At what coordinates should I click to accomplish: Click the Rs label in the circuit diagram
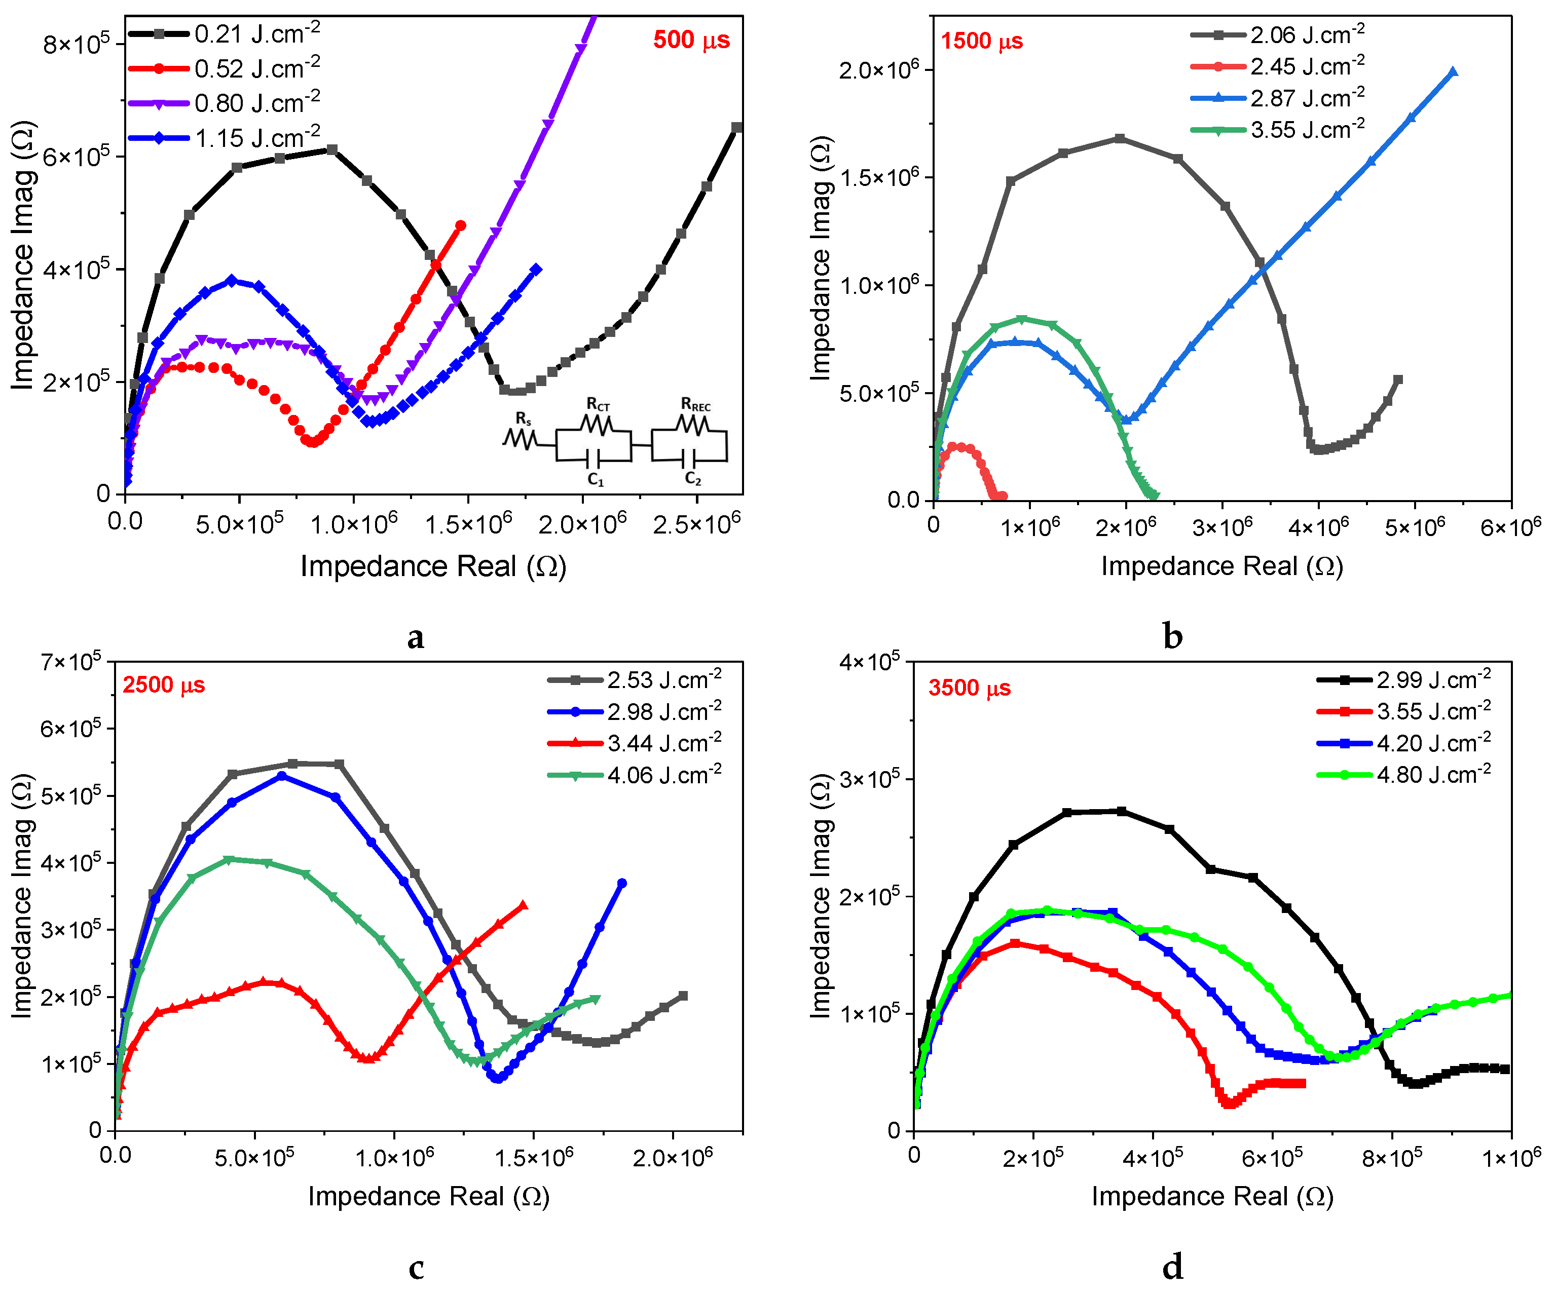click(x=523, y=420)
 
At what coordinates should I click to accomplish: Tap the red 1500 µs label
click(x=981, y=42)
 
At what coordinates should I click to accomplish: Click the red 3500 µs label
click(x=969, y=688)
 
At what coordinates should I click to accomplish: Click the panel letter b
click(x=1172, y=636)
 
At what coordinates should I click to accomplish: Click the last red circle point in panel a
click(x=460, y=226)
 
